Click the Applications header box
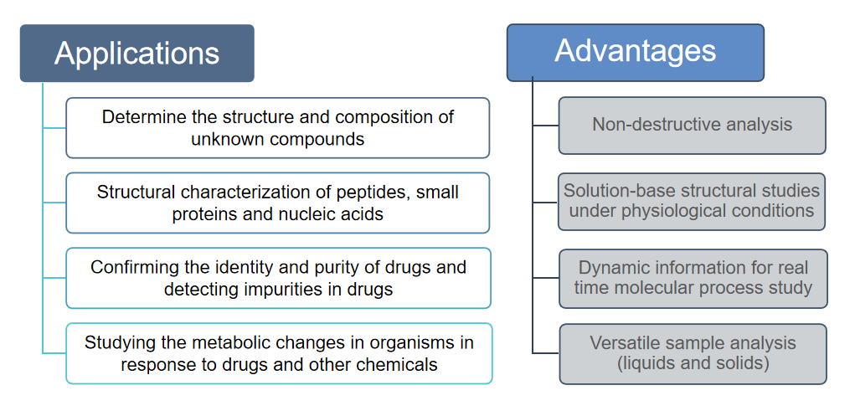136,53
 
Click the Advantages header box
636,53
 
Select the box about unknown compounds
277,128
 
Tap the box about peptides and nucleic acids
277,203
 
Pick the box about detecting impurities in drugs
278,278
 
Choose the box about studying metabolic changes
279,353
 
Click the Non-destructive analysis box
692,126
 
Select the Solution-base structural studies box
692,202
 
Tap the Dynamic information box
693,279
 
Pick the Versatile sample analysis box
693,354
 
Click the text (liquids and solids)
693,363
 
